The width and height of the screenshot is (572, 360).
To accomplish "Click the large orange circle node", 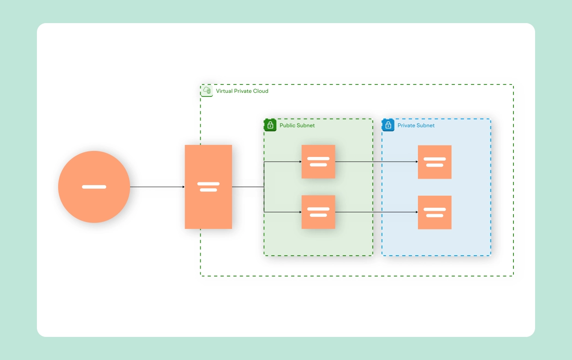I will click(94, 187).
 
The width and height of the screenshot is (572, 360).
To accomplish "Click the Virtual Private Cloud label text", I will click(242, 91).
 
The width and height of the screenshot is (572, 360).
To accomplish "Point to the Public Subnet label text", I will click(297, 125).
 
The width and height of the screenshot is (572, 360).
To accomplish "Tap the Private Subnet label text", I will click(416, 125).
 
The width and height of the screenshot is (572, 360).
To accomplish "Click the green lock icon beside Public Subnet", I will click(270, 125).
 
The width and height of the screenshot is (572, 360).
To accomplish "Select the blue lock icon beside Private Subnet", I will click(388, 125).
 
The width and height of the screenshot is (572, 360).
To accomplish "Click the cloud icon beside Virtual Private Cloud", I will click(207, 90).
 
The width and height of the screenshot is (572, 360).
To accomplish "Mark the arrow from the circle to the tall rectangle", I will click(157, 187).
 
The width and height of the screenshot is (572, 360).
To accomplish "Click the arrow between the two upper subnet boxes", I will click(376, 162).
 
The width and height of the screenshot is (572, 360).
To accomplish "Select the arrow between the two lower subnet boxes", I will click(376, 212).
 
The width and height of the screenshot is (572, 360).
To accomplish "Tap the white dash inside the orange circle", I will click(94, 187).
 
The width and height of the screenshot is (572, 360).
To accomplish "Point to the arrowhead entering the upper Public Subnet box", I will click(300, 162).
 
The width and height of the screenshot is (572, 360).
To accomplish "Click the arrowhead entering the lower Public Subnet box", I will click(300, 212).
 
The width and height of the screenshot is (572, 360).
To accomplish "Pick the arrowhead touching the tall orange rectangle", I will click(183, 187).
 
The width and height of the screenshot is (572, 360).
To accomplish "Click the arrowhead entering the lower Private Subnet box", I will click(416, 212).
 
